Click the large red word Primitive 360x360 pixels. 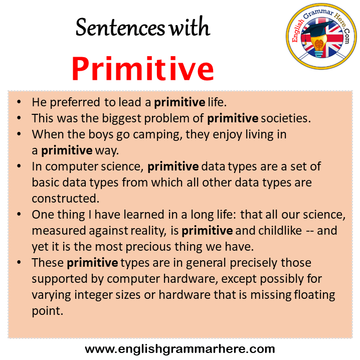pyautogui.click(x=143, y=69)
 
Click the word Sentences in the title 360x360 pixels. pyautogui.click(x=120, y=28)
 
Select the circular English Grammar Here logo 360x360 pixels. pyautogui.click(x=321, y=36)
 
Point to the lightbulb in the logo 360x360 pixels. pyautogui.click(x=318, y=46)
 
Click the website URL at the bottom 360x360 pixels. pyautogui.click(x=180, y=349)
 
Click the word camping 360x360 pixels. pyautogui.click(x=157, y=135)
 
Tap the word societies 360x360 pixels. pyautogui.click(x=286, y=118)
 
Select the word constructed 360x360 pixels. pyautogui.click(x=66, y=199)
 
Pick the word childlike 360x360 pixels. pyautogui.click(x=280, y=230)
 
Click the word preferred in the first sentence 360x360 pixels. pyautogui.click(x=75, y=102)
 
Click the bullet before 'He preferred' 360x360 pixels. pyautogui.click(x=19, y=102)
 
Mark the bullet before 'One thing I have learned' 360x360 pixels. pyautogui.click(x=19, y=214)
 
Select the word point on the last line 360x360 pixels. pyautogui.click(x=47, y=311)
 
